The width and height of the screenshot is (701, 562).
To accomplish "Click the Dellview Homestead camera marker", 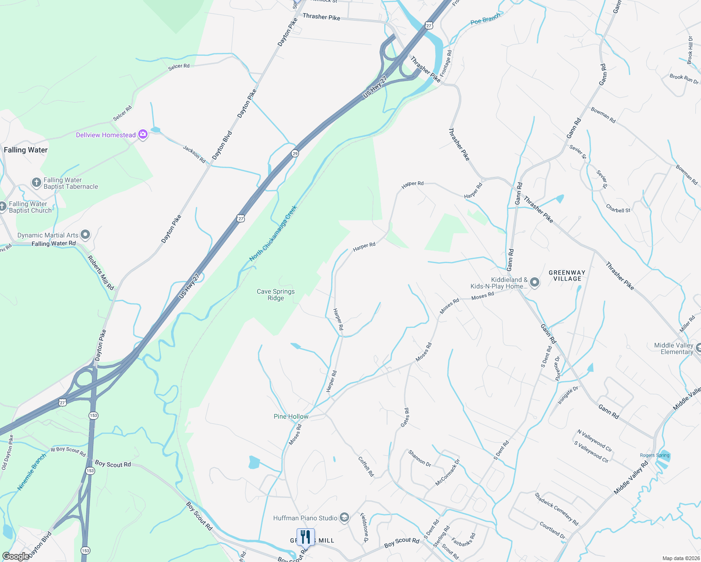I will coord(143,135).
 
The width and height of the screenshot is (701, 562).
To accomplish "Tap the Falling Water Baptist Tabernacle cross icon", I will coord(37,183).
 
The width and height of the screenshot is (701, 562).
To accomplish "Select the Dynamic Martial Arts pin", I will coord(85,234).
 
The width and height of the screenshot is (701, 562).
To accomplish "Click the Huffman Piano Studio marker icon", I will coord(344,518).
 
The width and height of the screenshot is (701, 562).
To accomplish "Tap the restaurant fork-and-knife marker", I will coord(306,537).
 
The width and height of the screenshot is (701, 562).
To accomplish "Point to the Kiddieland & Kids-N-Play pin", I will coord(535,282).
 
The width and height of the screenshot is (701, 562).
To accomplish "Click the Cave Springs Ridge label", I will coord(276,295).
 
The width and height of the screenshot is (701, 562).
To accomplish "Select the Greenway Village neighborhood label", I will coord(567,275).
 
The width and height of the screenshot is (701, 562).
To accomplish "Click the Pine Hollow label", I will coord(291,416).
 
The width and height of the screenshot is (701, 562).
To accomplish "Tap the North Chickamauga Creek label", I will coord(273,233).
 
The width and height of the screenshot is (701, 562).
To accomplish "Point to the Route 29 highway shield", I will coord(295,153).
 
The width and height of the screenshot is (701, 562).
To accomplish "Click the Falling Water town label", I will coord(26,150).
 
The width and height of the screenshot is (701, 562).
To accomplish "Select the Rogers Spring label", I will coord(655,455).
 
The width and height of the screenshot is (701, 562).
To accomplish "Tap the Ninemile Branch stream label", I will coord(32,472).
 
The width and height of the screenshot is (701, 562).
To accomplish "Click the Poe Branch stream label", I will coord(485,19).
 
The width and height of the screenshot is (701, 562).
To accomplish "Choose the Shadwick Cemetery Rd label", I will coord(557,509).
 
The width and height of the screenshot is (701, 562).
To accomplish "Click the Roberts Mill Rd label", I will coord(101,273).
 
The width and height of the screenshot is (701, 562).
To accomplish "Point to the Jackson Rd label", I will coord(194,154).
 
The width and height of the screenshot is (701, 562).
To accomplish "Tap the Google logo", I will coord(15,556).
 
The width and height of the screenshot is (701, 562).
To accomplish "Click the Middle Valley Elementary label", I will coord(673,348).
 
